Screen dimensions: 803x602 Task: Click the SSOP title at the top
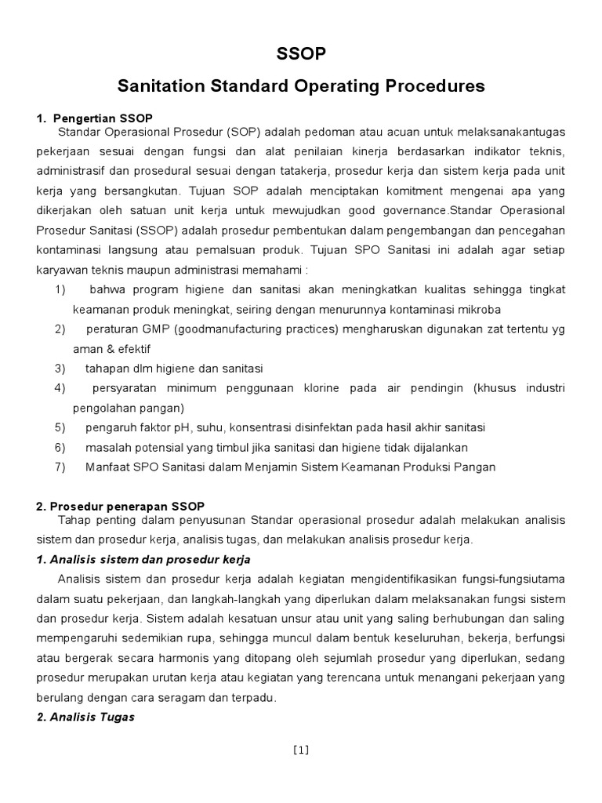click(x=301, y=53)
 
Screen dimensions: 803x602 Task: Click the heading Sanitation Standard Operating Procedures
click(x=301, y=85)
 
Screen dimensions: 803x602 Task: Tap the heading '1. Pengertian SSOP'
click(x=83, y=118)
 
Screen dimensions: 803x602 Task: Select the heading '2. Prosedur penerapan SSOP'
click(x=120, y=507)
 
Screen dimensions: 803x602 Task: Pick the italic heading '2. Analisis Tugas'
click(x=85, y=717)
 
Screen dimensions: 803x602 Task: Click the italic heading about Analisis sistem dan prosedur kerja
click(x=143, y=559)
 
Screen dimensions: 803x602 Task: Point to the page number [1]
click(x=301, y=750)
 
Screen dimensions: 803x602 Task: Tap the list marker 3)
click(x=60, y=368)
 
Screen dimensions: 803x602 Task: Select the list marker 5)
click(x=60, y=427)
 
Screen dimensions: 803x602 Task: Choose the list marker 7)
click(x=60, y=467)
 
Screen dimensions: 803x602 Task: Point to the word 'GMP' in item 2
click(x=143, y=329)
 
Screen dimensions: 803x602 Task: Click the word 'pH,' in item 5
click(x=169, y=427)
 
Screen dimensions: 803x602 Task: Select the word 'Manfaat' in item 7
click(x=105, y=467)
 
